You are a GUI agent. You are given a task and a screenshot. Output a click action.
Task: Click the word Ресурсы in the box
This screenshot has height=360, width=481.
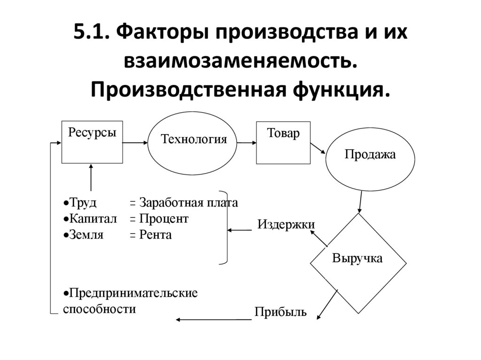click(92, 132)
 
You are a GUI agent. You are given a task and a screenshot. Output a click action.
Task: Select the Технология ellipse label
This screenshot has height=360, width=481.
click(194, 139)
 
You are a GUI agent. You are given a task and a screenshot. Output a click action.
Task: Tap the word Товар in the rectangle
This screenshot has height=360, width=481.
click(283, 133)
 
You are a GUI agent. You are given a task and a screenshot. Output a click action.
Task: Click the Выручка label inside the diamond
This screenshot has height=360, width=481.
click(357, 258)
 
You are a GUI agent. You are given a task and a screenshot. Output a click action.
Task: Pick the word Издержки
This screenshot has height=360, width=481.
click(286, 224)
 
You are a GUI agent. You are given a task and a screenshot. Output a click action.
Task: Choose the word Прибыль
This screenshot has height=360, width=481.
click(280, 312)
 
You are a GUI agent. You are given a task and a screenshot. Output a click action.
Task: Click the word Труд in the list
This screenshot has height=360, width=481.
click(82, 203)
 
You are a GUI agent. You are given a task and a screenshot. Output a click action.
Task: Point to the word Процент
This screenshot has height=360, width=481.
click(163, 219)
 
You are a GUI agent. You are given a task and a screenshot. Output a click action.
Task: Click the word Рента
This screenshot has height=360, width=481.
click(155, 235)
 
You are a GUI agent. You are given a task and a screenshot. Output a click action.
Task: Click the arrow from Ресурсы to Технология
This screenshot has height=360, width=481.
click(136, 142)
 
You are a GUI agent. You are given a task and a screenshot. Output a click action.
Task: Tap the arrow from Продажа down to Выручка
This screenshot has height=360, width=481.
click(360, 201)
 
